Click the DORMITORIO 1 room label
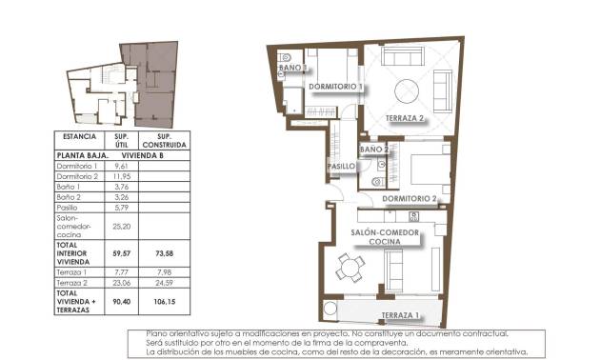(336, 87)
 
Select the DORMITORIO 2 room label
(409, 198)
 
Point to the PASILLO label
(342, 167)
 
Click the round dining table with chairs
(351, 269)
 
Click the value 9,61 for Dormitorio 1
(121, 167)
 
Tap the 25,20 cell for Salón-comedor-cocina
(121, 228)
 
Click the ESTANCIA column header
(79, 137)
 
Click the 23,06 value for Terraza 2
(121, 283)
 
